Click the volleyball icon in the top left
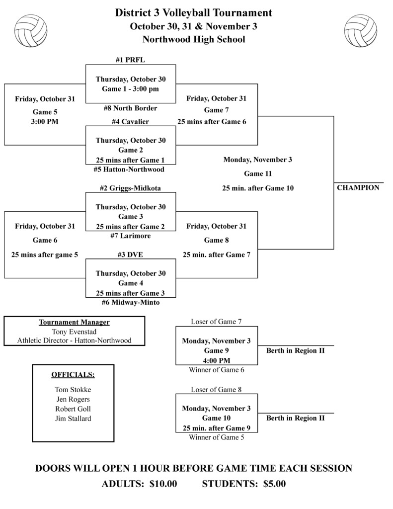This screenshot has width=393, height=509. coord(31,30)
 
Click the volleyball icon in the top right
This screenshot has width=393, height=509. coord(361,30)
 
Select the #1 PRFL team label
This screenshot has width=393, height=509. coord(130,60)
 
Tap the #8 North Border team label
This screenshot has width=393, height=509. coord(131,108)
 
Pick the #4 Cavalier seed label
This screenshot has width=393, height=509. coord(130,121)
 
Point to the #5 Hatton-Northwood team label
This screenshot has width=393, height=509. coord(129,170)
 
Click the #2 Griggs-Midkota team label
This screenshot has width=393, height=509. coord(130,188)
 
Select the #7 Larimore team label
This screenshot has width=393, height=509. coord(130,236)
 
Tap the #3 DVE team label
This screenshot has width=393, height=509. coord(130,254)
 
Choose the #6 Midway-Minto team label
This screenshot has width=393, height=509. coord(130,302)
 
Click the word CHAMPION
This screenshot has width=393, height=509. coord(358,188)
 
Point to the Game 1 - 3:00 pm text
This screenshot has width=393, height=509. coord(131,89)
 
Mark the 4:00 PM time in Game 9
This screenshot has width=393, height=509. coord(216,360)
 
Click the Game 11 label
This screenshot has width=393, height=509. coord(257,174)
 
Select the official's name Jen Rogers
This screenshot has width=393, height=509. coord(73,399)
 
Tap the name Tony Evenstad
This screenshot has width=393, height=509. coord(74,332)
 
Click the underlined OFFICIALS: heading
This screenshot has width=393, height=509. coord(73,374)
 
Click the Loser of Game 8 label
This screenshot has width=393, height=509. coord(216,390)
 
